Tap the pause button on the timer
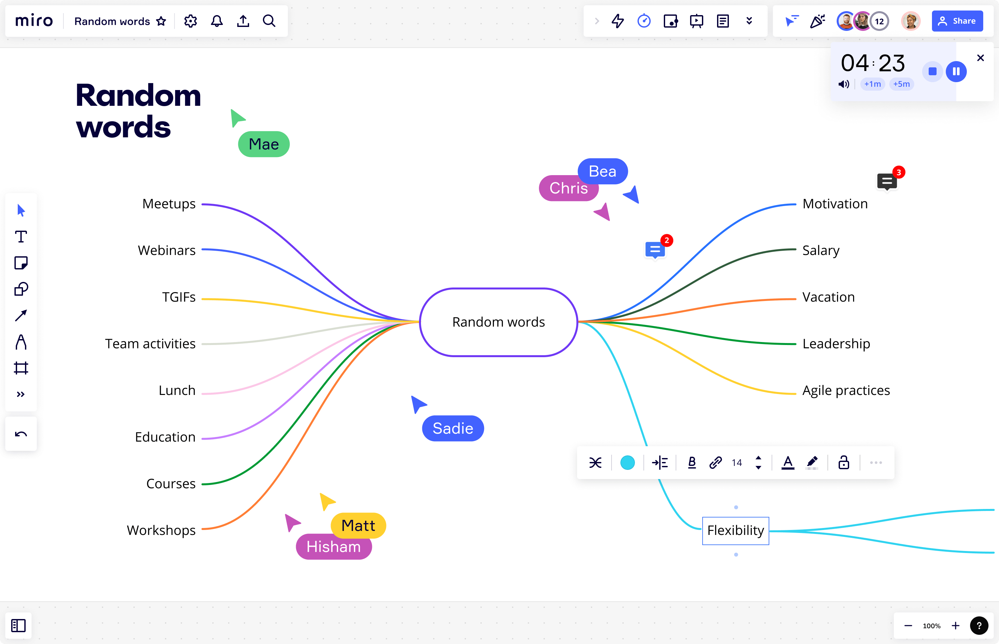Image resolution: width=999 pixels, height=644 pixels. click(x=956, y=72)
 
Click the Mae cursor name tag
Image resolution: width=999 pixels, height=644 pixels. click(x=264, y=144)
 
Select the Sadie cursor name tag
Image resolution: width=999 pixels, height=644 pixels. click(x=453, y=428)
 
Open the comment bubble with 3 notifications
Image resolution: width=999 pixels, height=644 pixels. click(x=887, y=181)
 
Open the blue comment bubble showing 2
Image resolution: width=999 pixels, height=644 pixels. click(x=655, y=250)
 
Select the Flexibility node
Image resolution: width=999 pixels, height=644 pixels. click(x=735, y=531)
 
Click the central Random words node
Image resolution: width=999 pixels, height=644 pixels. click(x=499, y=322)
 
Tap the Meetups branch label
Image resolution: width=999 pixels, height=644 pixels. click(x=169, y=204)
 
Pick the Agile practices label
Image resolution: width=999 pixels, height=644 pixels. click(x=846, y=390)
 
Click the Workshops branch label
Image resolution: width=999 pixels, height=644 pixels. click(x=161, y=530)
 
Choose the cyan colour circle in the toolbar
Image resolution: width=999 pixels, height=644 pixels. click(x=627, y=463)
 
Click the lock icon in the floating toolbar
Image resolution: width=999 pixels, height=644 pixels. click(x=844, y=463)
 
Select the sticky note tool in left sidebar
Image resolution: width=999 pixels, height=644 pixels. click(x=21, y=263)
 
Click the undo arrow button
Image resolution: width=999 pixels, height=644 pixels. click(x=21, y=434)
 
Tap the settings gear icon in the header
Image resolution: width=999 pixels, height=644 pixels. click(x=190, y=21)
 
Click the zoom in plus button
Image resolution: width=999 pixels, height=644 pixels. click(x=956, y=626)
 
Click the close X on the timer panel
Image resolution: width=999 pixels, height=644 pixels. click(x=980, y=58)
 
